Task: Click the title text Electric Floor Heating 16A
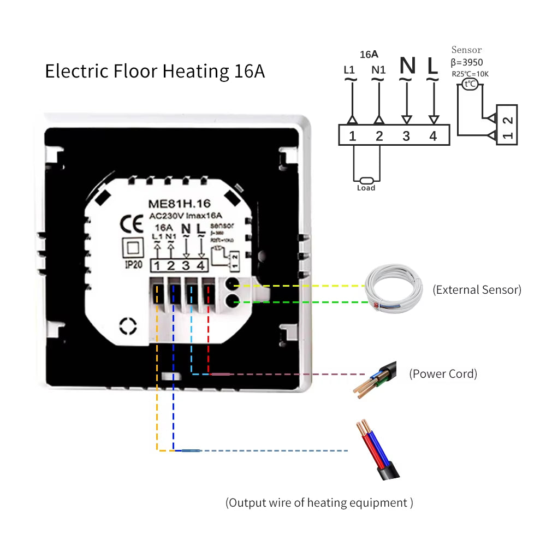coord(155,72)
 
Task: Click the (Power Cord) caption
coord(443,374)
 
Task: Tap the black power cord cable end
coord(377,379)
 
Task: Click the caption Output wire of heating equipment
coord(319,502)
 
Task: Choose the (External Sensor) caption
coord(477,290)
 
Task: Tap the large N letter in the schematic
coord(407,66)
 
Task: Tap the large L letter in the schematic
coord(432,66)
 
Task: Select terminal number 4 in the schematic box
coord(433,136)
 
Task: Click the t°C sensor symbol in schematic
coord(470,84)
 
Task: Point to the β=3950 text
coord(466,62)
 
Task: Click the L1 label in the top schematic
coord(349,70)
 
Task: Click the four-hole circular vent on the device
coord(129,326)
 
